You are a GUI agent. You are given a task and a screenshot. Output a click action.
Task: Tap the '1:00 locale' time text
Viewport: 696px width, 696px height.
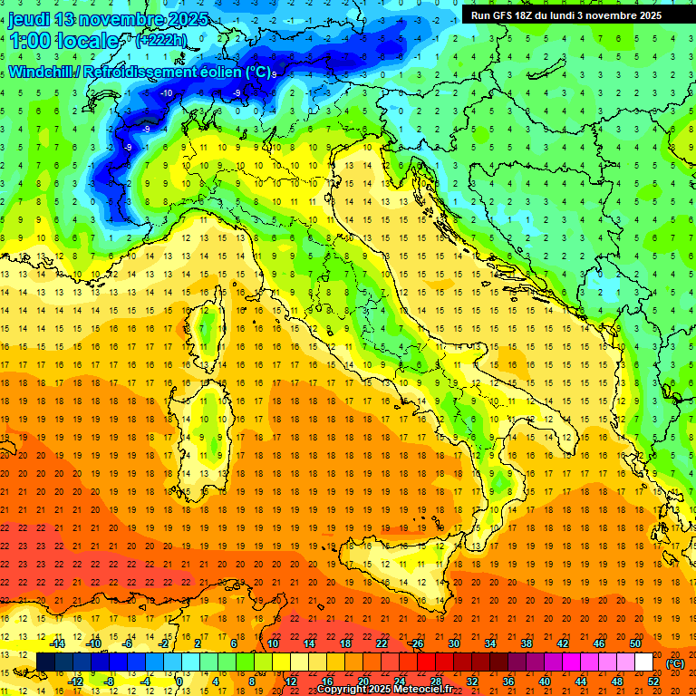[63, 41]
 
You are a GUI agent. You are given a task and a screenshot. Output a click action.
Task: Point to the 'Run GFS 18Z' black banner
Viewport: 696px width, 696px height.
[566, 15]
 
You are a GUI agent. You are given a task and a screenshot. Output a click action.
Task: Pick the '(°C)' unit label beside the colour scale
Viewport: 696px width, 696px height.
[675, 663]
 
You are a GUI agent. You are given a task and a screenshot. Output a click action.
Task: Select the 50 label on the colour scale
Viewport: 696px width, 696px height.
[634, 643]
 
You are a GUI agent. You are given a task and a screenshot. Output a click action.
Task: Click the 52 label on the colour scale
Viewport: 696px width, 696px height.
[653, 681]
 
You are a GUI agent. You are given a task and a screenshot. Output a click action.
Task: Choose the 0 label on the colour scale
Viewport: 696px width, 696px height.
[179, 681]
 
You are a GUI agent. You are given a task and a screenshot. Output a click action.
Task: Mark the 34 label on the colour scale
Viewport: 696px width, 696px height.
[490, 643]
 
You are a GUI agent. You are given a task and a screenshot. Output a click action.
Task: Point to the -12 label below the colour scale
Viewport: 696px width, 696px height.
[76, 681]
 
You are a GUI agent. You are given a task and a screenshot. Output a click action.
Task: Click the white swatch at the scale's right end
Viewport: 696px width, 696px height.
[643, 662]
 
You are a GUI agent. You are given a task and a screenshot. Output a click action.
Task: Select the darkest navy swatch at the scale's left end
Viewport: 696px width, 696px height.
[45, 662]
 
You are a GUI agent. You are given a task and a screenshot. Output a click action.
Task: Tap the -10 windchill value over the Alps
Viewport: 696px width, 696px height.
[167, 93]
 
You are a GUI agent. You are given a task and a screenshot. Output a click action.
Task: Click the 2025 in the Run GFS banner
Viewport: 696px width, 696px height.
[649, 15]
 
